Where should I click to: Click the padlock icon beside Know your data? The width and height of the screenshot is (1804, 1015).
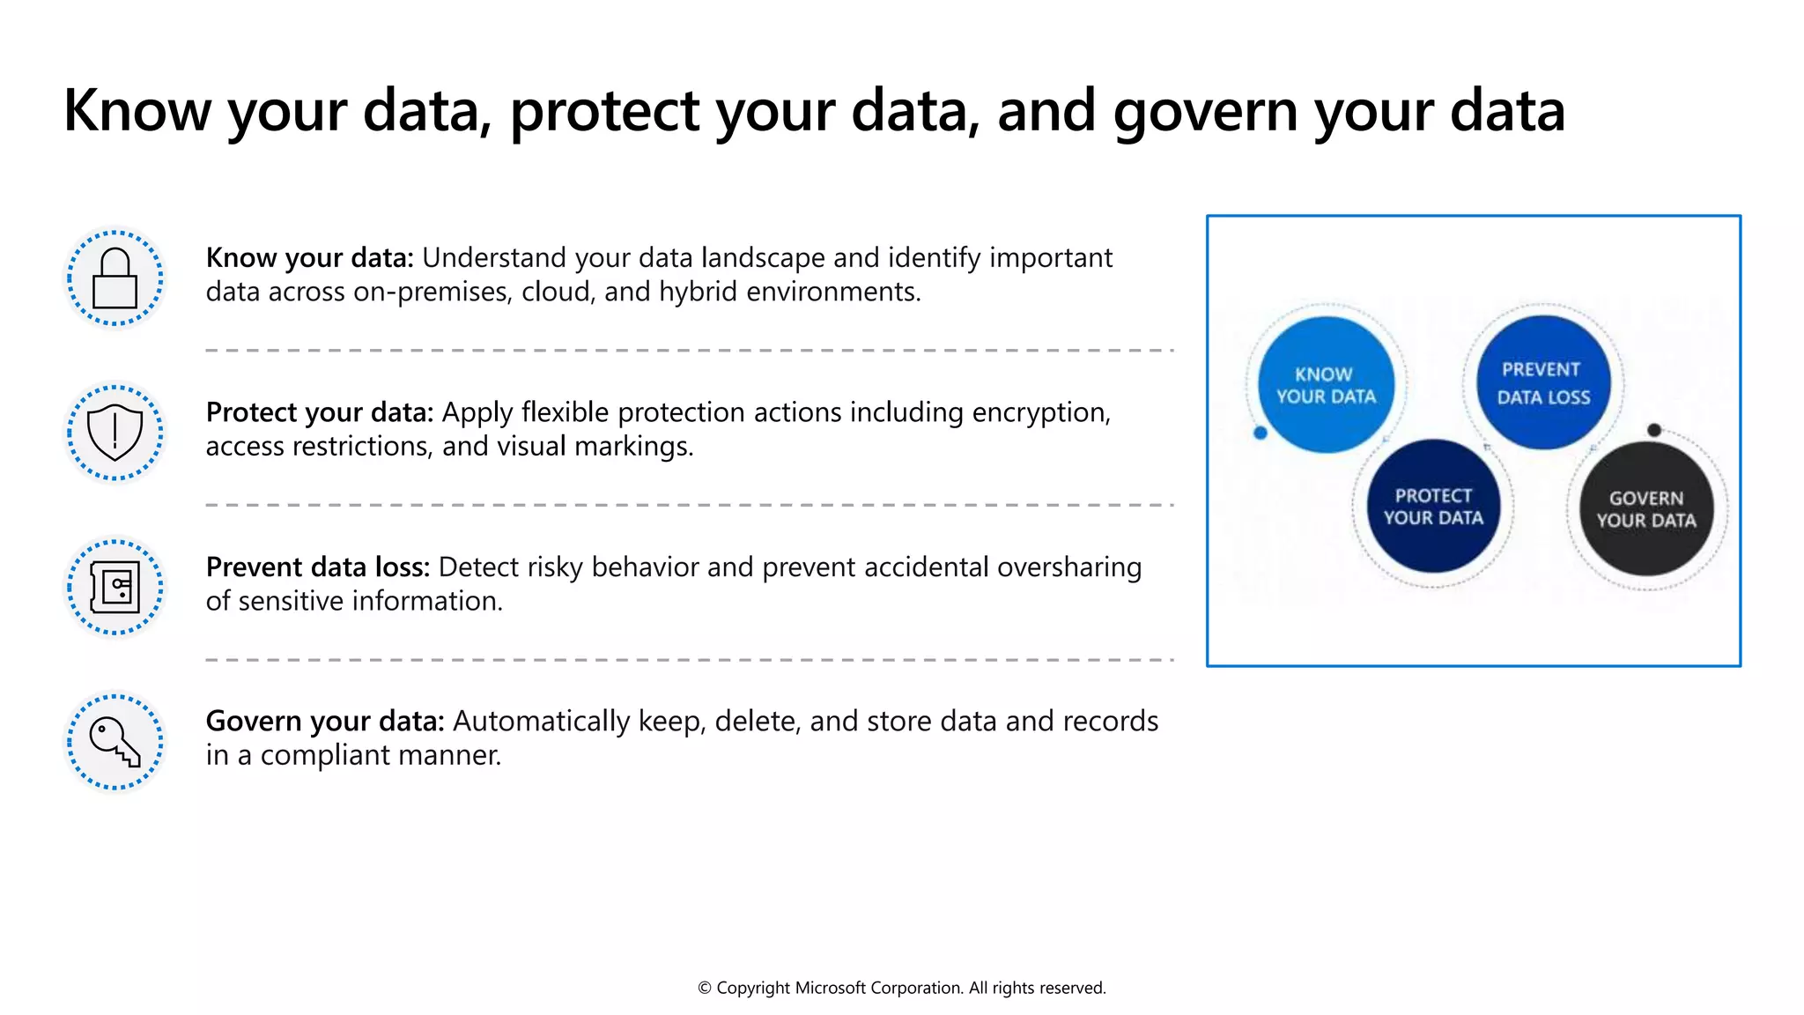115,278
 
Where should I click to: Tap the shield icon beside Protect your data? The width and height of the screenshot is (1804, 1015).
115,433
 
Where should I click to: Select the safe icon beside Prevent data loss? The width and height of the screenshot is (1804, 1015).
115,587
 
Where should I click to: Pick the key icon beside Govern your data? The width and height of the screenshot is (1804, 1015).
115,742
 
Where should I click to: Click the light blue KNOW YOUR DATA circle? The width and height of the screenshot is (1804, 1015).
1326,385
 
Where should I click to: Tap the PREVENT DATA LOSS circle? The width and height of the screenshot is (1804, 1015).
1543,383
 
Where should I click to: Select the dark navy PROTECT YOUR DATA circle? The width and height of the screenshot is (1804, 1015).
1433,507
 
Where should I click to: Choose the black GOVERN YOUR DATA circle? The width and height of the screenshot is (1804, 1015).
1646,509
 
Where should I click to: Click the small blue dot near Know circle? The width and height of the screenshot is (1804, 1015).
1260,433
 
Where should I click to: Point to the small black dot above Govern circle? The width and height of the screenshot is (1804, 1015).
1654,430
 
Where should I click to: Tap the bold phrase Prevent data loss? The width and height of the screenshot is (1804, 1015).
318,567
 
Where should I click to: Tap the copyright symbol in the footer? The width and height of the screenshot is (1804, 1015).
705,989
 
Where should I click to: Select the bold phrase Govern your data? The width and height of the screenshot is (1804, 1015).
325,722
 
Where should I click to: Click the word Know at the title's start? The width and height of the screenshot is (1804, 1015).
137,112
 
